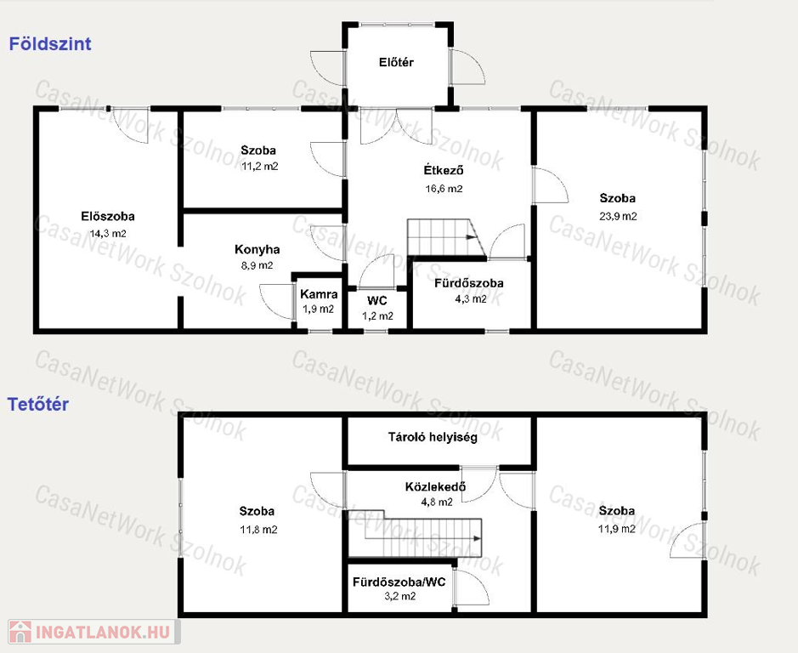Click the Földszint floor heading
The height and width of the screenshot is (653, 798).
click(50, 44)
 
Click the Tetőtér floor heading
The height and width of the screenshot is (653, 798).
click(38, 405)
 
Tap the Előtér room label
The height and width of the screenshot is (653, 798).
click(396, 62)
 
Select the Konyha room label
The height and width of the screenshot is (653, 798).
click(257, 250)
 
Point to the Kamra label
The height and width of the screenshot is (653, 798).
click(319, 294)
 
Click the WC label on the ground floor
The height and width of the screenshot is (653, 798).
click(377, 300)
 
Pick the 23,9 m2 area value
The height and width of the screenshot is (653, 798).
click(618, 216)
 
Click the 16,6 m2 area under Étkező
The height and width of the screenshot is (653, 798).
click(444, 189)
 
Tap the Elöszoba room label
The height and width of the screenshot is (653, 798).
click(108, 216)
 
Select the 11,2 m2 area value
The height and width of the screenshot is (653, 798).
click(259, 166)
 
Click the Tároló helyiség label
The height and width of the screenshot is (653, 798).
click(433, 437)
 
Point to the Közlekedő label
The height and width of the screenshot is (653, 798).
click(435, 486)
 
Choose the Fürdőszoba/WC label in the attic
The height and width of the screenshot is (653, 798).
click(399, 582)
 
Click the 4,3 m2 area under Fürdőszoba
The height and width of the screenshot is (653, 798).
click(470, 299)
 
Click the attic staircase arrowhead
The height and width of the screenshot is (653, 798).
click(478, 538)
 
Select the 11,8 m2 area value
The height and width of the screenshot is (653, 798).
click(258, 530)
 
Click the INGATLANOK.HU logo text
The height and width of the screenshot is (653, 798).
click(103, 633)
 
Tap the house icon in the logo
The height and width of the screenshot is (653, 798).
click(20, 632)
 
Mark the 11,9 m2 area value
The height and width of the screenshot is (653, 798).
click(617, 529)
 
